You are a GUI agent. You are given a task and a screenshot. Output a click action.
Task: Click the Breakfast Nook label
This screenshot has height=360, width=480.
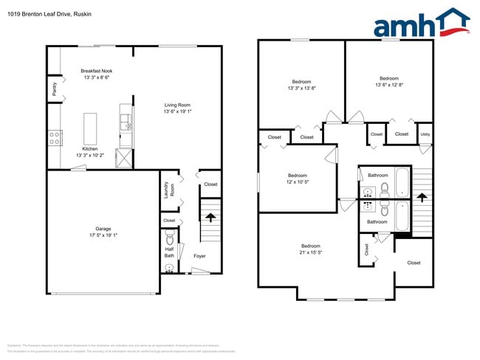97,71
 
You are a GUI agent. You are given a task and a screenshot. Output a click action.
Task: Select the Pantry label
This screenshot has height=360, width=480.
54,89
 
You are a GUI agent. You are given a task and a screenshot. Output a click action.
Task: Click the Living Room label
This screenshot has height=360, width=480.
177,105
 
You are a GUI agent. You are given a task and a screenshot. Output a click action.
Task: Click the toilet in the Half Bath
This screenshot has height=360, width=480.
170,240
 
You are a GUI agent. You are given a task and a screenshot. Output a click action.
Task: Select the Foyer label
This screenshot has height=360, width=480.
199,256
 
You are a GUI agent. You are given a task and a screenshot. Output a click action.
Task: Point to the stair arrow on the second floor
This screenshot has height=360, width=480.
422,197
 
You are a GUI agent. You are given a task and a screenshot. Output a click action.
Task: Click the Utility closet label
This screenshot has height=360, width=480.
425,134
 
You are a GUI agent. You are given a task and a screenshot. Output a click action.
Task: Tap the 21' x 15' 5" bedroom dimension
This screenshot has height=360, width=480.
310,252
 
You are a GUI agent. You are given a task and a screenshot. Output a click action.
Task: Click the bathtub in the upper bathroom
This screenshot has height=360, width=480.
402,181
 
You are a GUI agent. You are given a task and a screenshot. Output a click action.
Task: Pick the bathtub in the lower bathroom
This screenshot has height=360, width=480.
402,216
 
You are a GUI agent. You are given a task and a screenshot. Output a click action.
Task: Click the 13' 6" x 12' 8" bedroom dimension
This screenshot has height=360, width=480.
389,85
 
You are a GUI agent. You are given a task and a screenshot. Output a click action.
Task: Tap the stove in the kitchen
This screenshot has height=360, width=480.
54,136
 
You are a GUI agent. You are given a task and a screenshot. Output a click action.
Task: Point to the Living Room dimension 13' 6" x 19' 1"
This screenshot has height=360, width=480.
177,112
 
